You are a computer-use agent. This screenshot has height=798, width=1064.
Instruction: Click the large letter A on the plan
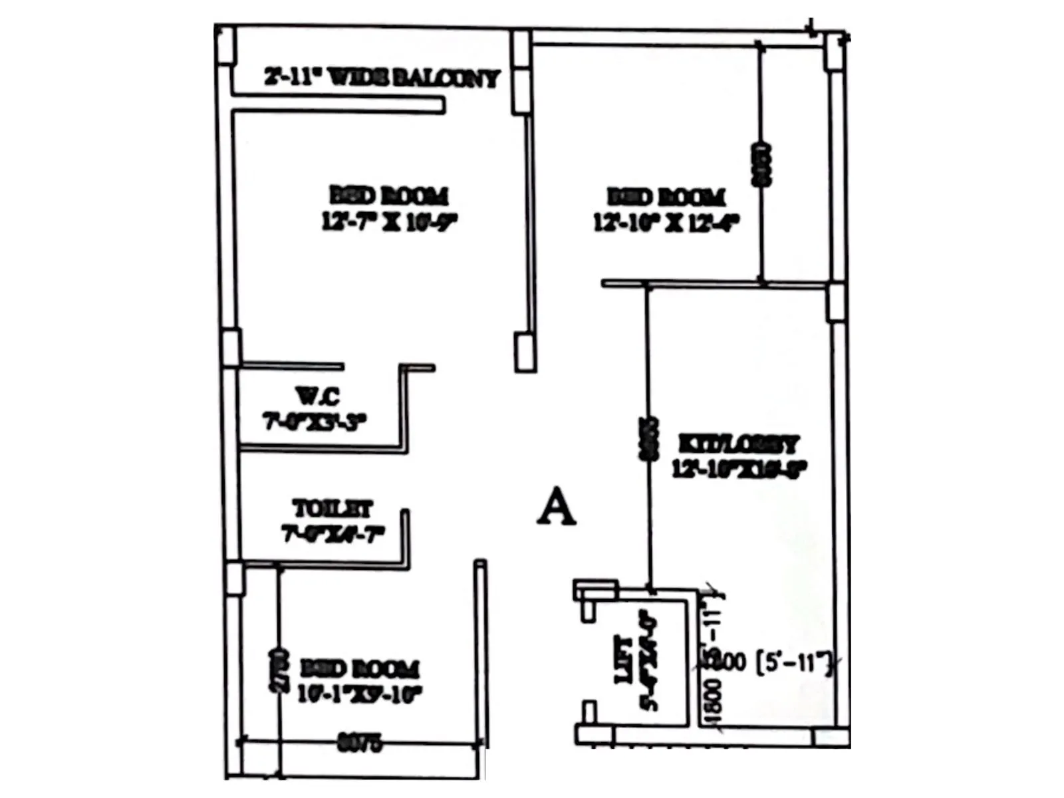click(556, 507)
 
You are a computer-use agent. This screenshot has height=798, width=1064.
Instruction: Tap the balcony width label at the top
click(382, 78)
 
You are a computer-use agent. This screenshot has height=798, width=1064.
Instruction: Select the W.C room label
click(318, 396)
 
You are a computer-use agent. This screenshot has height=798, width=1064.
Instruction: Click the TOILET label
click(332, 509)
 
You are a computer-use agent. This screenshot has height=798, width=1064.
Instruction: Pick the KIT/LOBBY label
click(738, 444)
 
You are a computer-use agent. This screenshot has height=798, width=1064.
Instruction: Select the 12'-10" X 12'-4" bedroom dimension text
click(666, 222)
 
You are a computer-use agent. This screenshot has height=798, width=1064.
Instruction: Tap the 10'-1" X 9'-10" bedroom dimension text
click(360, 694)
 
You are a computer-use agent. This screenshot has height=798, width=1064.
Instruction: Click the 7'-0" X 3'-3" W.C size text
click(315, 422)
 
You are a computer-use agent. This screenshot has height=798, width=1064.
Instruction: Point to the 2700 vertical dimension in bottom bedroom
click(279, 670)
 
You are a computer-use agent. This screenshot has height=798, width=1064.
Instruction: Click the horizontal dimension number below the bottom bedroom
click(360, 742)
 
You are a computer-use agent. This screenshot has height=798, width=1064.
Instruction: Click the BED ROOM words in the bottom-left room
click(360, 668)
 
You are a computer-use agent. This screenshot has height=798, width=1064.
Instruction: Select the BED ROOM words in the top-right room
click(666, 197)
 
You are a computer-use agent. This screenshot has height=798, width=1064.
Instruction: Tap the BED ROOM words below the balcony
click(389, 196)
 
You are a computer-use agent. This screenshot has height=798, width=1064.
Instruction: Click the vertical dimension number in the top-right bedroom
click(761, 164)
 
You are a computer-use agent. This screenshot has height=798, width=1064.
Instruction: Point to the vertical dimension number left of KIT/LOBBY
click(648, 439)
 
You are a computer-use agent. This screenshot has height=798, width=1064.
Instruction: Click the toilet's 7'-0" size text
click(333, 533)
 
